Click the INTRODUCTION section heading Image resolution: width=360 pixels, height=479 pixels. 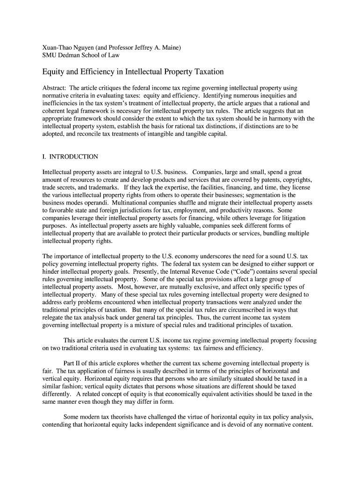(74, 157)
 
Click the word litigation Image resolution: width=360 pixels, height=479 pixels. (292, 218)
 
